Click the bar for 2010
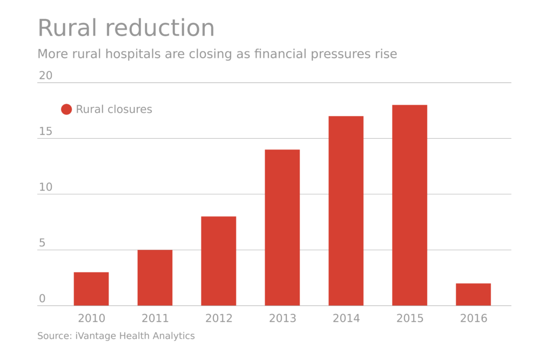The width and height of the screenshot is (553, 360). [x=91, y=289]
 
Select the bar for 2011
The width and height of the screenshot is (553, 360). [x=155, y=277]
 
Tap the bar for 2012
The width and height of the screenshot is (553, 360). [x=219, y=261]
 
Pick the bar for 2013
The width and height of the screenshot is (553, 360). [x=282, y=227]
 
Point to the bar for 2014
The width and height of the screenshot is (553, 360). [x=346, y=210]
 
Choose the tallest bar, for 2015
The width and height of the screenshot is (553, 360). [x=410, y=205]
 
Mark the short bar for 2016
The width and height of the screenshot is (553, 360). [x=473, y=294]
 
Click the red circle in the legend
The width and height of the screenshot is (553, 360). [x=66, y=110]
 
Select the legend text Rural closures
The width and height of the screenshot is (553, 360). [x=114, y=110]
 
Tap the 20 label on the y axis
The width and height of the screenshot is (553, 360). [x=46, y=76]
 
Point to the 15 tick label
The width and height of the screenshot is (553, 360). [x=46, y=132]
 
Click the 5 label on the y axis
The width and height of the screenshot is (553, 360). [x=42, y=243]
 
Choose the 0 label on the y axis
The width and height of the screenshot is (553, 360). [x=42, y=299]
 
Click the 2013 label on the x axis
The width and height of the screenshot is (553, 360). [x=282, y=318]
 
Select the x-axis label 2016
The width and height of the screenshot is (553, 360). [x=473, y=318]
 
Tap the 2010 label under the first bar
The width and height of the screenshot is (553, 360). [x=91, y=318]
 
